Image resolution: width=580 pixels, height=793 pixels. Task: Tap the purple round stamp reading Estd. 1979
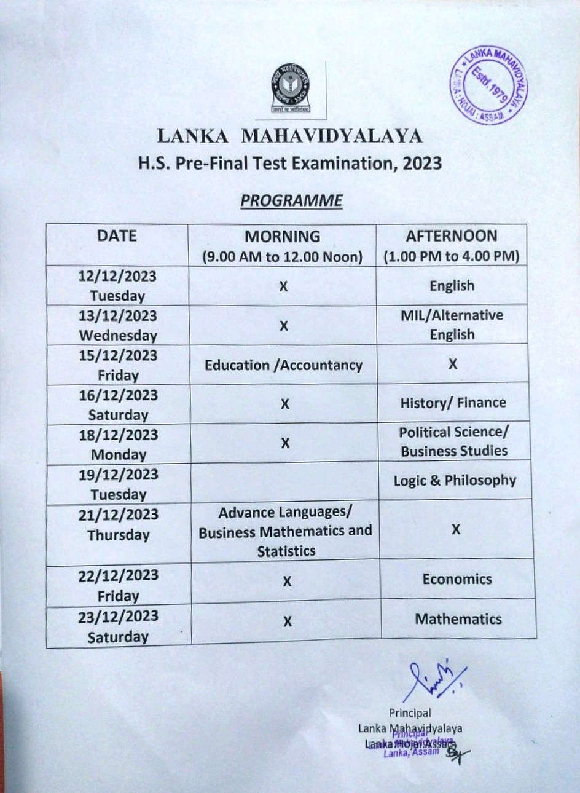click(488, 85)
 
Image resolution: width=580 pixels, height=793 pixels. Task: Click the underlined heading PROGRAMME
click(291, 201)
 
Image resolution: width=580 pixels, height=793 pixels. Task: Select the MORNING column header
click(283, 237)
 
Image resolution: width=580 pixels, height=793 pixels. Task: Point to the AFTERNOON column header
click(452, 236)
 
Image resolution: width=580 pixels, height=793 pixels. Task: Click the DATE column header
click(117, 236)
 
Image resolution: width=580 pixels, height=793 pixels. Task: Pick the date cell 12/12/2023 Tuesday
click(117, 286)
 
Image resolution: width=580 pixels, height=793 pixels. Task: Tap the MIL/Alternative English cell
click(452, 325)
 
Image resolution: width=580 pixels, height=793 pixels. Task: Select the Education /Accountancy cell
click(283, 365)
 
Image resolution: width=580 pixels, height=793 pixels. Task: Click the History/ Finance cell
click(453, 403)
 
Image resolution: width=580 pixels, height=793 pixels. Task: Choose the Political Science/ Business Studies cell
click(454, 441)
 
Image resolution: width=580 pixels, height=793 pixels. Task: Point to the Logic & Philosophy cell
click(455, 481)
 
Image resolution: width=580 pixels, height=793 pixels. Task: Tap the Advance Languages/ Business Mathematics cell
click(286, 531)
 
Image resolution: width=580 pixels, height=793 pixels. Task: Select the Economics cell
click(457, 579)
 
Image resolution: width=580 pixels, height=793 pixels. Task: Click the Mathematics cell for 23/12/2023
click(458, 619)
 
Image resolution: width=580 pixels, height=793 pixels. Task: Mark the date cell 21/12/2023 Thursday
click(119, 525)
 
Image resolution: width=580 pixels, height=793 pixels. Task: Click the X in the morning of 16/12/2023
click(284, 404)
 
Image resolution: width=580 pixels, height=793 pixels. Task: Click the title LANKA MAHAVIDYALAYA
click(290, 136)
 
